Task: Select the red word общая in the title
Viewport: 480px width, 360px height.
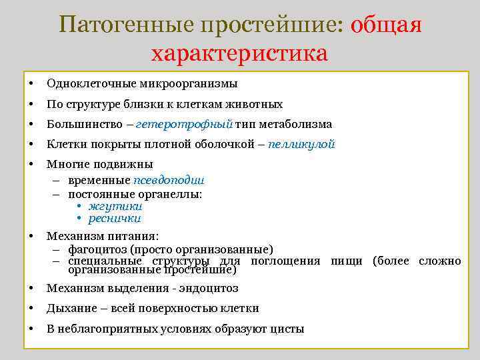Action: coord(386,25)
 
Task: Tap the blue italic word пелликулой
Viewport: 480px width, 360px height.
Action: coord(301,144)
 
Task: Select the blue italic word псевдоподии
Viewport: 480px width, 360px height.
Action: coord(169,180)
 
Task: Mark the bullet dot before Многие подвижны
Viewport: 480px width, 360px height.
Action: coord(31,164)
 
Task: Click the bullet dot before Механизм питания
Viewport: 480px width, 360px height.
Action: coord(31,236)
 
